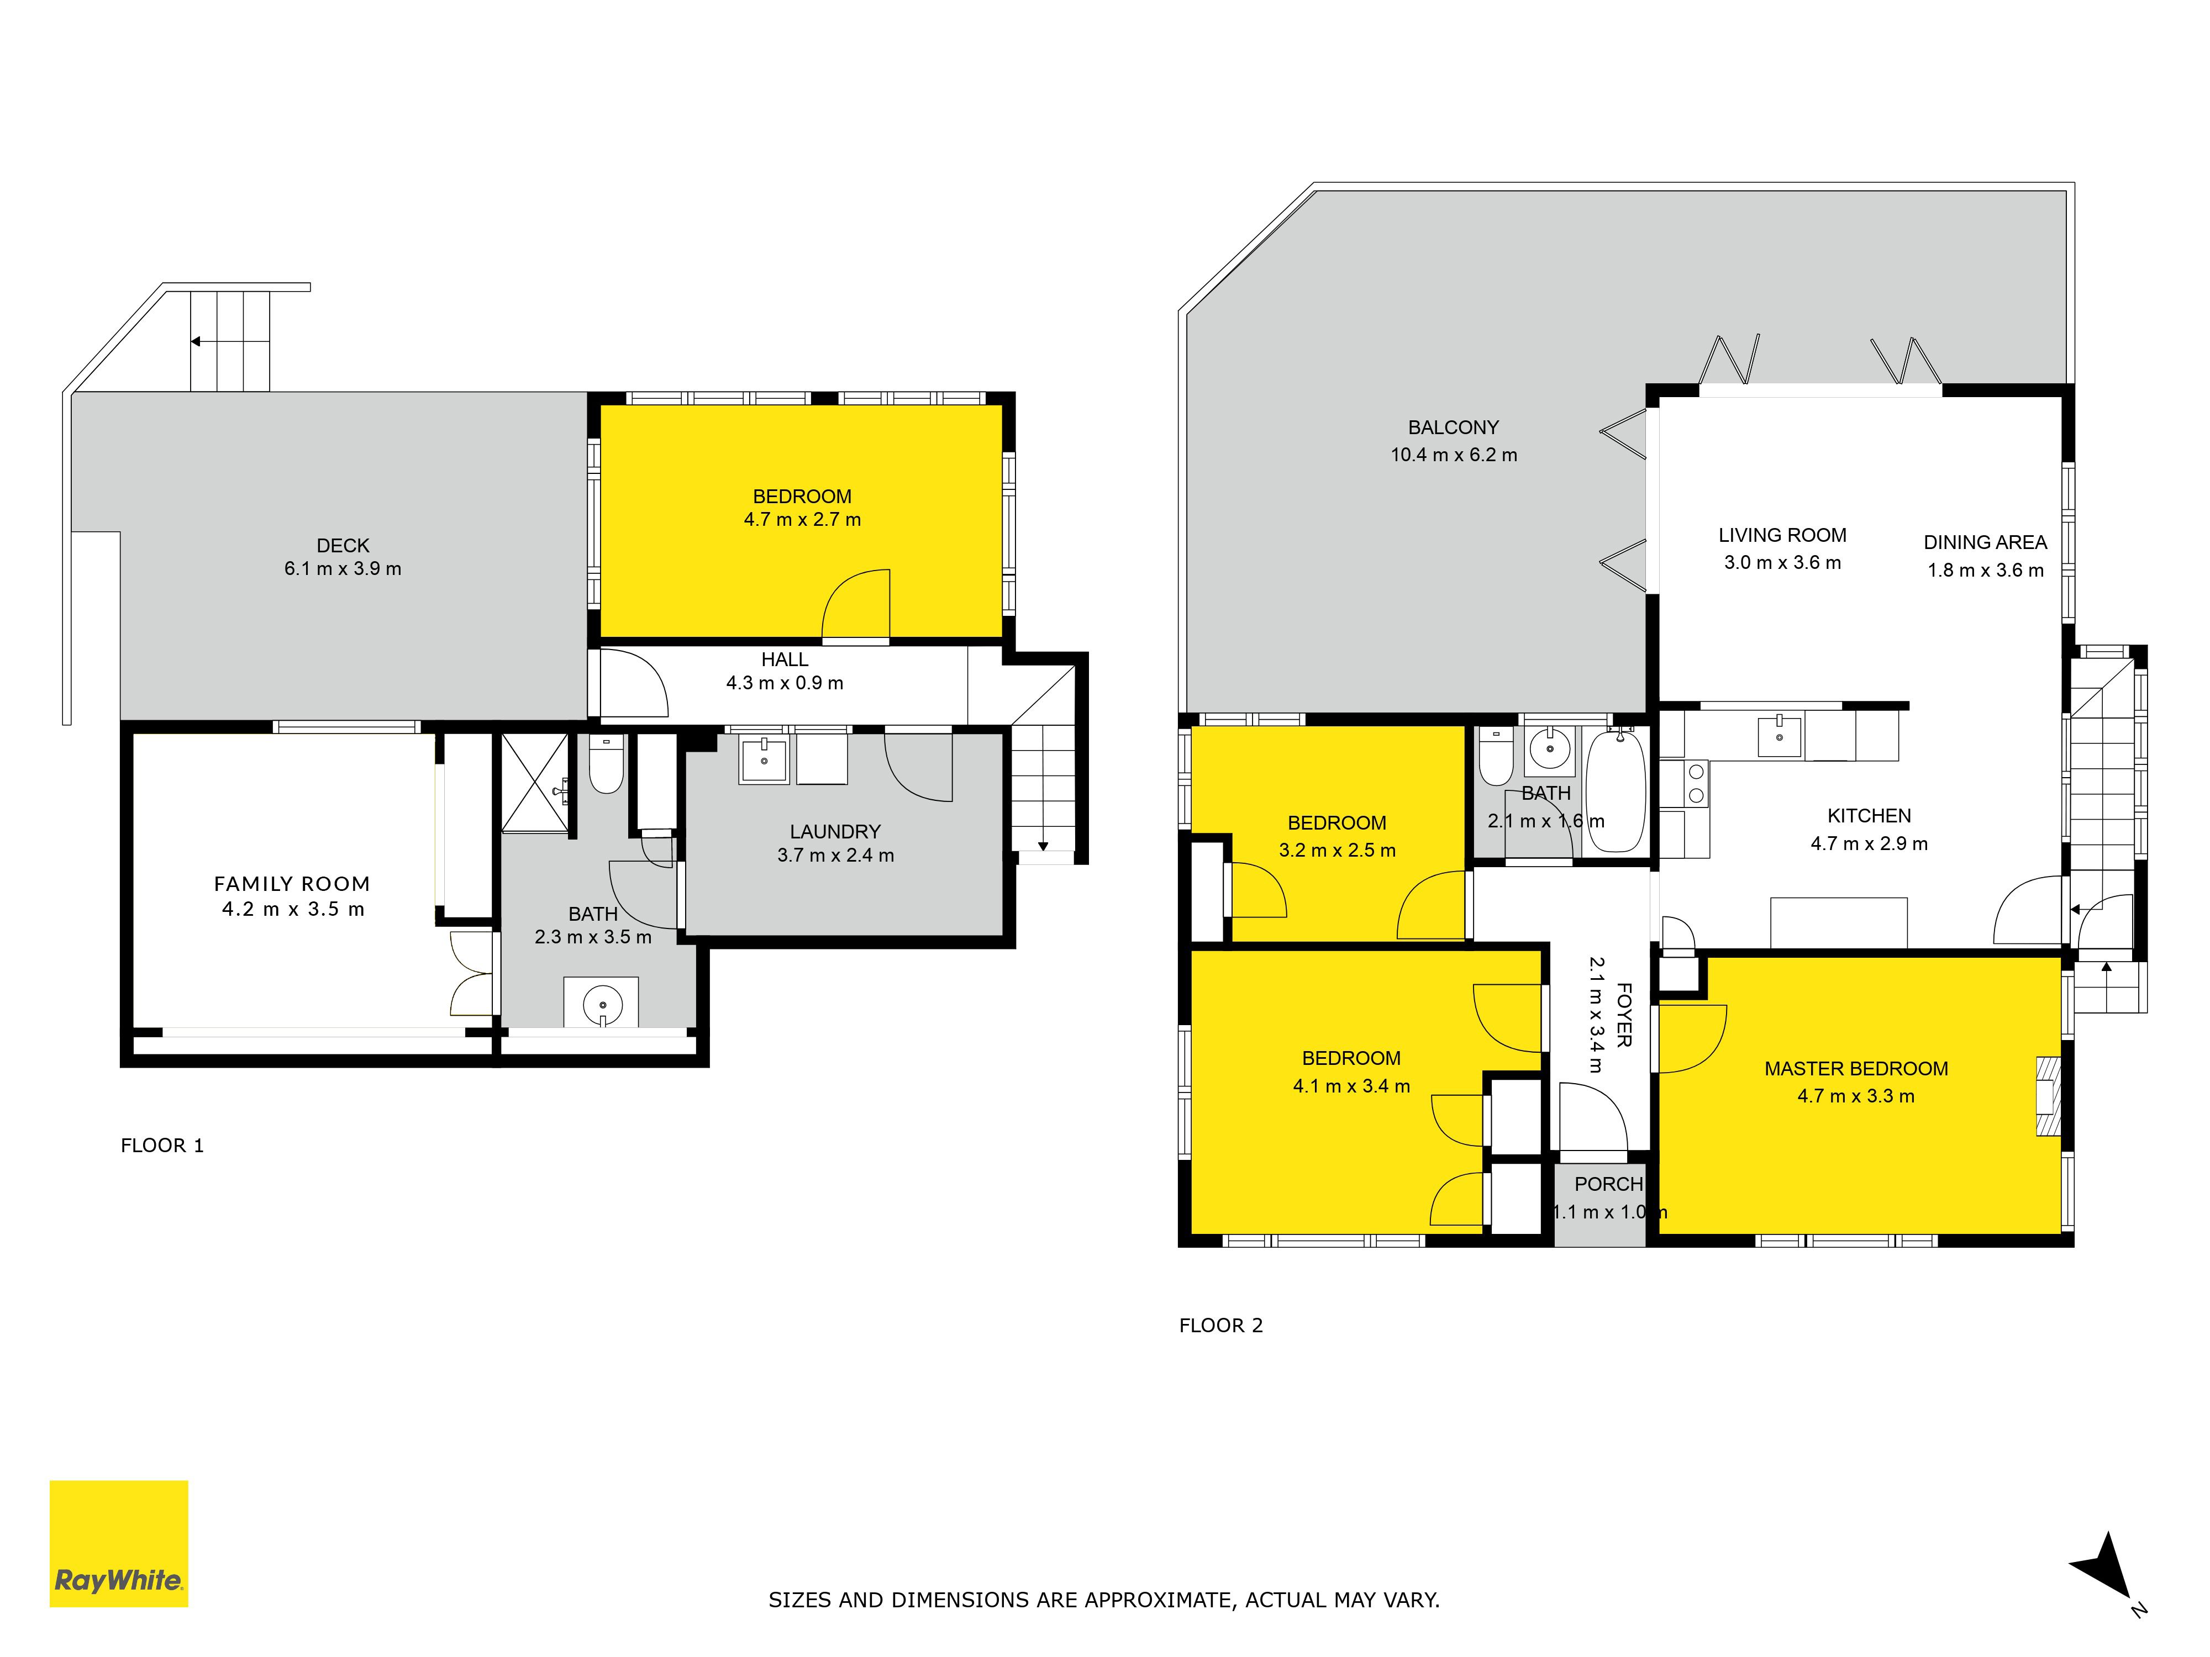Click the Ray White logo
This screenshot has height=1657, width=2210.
click(x=119, y=1543)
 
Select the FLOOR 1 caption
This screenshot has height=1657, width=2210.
click(x=162, y=1146)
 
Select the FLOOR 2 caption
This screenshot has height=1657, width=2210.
click(x=1221, y=1326)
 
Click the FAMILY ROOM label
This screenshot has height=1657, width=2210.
click(x=292, y=884)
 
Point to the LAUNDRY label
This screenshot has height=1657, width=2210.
click(x=835, y=832)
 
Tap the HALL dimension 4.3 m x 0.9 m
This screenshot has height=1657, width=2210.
click(x=785, y=683)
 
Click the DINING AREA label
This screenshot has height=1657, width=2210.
click(x=1985, y=542)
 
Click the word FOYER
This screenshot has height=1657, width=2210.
click(x=1624, y=1015)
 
